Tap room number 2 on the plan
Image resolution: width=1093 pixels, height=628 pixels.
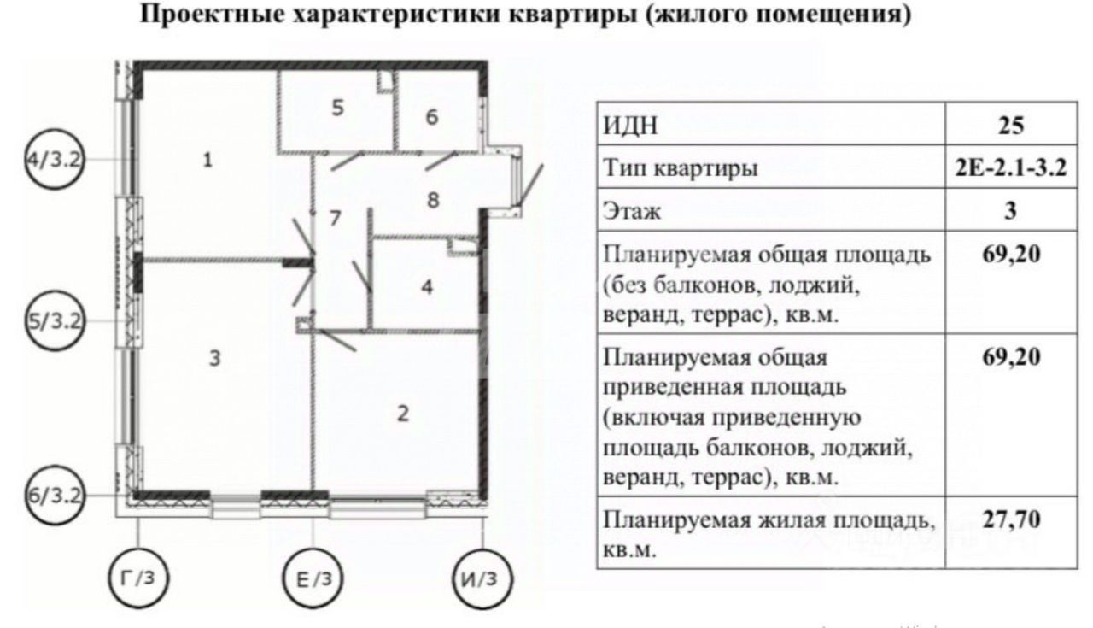[x=403, y=414]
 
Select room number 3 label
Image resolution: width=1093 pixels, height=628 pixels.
[x=215, y=359]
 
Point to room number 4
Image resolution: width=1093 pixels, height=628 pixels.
[x=427, y=286]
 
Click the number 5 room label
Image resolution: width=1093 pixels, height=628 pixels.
[x=337, y=109]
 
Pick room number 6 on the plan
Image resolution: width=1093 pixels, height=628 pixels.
[x=431, y=117]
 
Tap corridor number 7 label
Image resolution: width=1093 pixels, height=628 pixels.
[x=336, y=218]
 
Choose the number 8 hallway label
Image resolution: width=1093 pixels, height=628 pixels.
[x=433, y=200]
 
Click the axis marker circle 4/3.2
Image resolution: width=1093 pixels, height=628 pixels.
[x=53, y=160]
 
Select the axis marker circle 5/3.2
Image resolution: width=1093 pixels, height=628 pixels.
[x=53, y=322]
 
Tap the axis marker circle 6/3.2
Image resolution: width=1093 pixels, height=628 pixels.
[x=53, y=495]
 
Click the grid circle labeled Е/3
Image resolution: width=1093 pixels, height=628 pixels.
[x=313, y=578]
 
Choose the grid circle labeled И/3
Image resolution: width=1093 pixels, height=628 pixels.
[x=483, y=578]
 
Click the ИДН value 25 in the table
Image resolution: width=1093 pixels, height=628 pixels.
[x=1010, y=127]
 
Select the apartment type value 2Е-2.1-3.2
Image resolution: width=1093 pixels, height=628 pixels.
[x=1010, y=169]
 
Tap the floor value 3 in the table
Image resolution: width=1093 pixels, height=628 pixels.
[x=1010, y=210]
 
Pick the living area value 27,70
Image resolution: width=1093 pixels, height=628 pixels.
[x=1010, y=519]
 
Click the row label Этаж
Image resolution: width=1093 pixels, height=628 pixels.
[x=632, y=211]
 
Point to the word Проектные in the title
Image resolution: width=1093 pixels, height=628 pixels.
[x=209, y=16]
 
